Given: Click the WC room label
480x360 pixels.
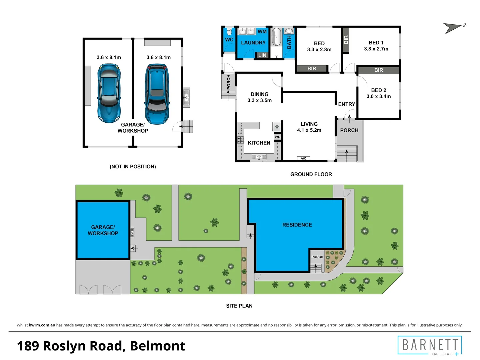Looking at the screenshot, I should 229,40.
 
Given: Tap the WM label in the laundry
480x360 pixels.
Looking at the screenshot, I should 262,32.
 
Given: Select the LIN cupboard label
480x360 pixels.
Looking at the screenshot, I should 262,55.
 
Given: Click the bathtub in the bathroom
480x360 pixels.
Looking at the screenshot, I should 276,37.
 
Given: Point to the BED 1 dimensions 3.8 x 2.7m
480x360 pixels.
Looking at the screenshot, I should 376,49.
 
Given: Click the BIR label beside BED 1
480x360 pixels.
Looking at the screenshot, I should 346,40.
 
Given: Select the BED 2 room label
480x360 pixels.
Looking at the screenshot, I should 379,90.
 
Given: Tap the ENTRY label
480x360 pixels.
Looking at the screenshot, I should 347,104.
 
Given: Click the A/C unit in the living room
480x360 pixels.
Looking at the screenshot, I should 303,158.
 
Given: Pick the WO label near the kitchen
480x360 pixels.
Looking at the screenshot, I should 278,137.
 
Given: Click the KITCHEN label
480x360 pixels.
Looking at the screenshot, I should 259,143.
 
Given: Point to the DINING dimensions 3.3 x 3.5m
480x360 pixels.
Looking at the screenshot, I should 259,100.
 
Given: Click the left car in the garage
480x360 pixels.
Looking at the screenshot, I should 109,94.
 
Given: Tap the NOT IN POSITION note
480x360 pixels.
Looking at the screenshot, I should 133,167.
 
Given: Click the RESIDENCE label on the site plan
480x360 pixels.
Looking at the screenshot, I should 297,225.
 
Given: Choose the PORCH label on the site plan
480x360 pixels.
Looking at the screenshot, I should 317,257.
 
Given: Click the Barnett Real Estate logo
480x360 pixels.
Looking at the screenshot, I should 430,346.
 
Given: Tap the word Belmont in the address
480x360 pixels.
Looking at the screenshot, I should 157,346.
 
